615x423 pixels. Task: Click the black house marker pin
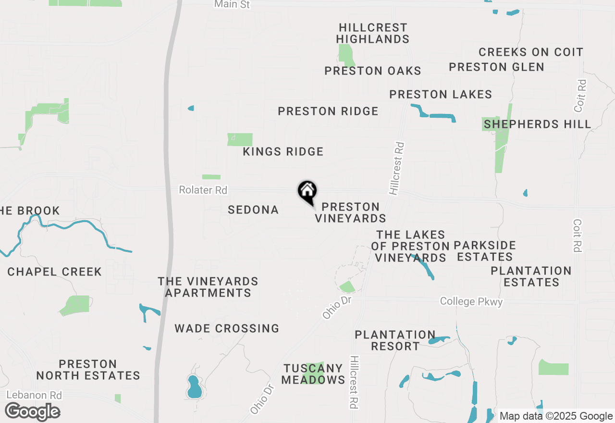(x=307, y=192)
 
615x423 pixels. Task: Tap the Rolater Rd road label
(x=203, y=190)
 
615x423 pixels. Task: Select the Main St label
(x=232, y=4)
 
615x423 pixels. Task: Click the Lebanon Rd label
(x=34, y=395)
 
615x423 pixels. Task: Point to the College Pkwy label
(x=471, y=302)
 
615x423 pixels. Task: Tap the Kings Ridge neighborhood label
(x=283, y=152)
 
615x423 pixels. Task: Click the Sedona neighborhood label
(x=253, y=210)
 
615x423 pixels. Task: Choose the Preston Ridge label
(x=328, y=112)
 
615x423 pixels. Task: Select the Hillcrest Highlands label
(x=373, y=33)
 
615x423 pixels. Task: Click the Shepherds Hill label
(x=537, y=124)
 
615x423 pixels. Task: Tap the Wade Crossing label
(x=227, y=329)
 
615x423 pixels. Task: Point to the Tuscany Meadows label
(x=313, y=374)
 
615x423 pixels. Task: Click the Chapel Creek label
(x=55, y=272)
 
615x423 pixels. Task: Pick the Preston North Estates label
(x=88, y=370)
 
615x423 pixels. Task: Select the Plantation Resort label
(x=395, y=340)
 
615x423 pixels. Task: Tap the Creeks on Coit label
(x=531, y=52)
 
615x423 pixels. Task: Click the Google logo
(x=32, y=412)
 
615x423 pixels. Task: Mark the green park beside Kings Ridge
(x=240, y=139)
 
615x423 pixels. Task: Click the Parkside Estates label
(x=485, y=251)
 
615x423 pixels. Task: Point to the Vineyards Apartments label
(x=208, y=287)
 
